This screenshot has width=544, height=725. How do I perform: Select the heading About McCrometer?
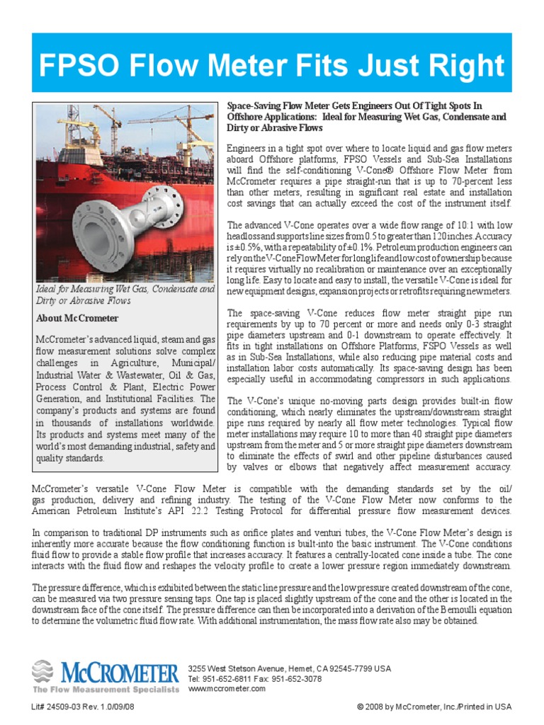pyautogui.click(x=78, y=319)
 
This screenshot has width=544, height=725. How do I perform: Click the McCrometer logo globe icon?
pyautogui.click(x=43, y=671)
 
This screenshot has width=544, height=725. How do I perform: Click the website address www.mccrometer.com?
pyautogui.click(x=227, y=688)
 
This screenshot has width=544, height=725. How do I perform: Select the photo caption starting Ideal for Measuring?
pyautogui.click(x=125, y=295)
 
